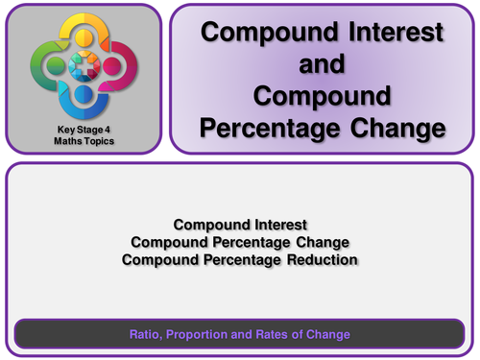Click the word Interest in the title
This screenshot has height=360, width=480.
pos(389,32)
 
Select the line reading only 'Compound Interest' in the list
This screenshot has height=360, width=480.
pos(240,225)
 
